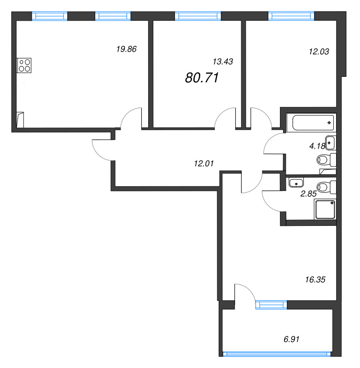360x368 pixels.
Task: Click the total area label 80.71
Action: [202, 78]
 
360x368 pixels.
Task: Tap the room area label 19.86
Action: [126, 49]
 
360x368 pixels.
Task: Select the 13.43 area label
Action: [223, 62]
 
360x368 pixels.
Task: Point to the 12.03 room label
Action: [319, 52]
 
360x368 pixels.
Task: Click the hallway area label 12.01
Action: [204, 163]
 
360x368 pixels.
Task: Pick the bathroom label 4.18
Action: [317, 146]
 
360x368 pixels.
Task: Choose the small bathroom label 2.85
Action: [308, 194]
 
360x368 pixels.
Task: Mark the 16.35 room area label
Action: [315, 280]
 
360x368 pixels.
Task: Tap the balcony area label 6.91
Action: [291, 339]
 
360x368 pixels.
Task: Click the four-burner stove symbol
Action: [24, 65]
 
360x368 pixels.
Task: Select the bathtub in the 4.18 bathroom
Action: [313, 122]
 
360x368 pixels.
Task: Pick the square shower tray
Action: [325, 209]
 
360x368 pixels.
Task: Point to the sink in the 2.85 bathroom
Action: [296, 183]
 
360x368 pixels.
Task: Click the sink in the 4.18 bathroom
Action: [330, 143]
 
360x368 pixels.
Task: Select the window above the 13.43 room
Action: [198, 16]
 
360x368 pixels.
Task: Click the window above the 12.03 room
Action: [291, 16]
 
